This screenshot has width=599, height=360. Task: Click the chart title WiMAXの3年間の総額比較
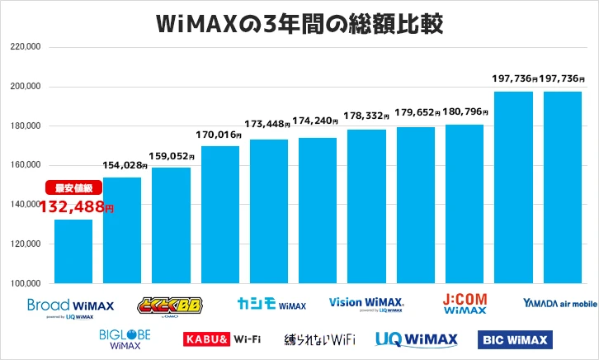coord(300,23)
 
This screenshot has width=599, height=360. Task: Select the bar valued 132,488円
coord(73,251)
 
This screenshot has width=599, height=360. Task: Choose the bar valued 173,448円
coord(269,212)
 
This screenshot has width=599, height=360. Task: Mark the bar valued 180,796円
coord(465,205)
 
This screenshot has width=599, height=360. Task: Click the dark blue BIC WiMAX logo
coord(516,339)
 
